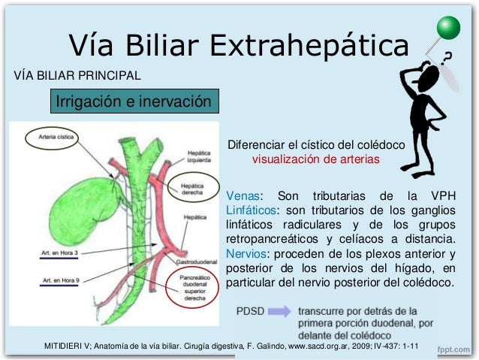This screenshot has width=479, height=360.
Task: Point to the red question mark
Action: point(448,56)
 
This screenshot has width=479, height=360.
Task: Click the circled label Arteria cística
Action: point(51,137)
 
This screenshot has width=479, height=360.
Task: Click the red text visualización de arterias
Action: point(316,159)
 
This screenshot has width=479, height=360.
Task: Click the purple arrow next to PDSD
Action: point(280,310)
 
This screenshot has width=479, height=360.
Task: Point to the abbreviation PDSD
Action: point(250,310)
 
